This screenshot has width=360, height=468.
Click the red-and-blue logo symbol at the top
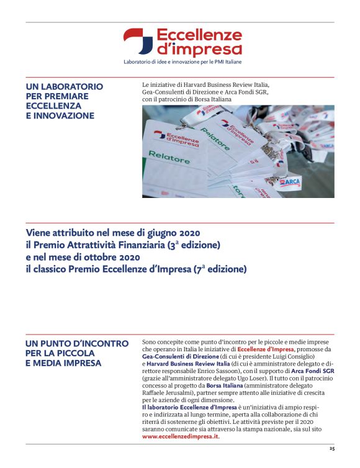pyautogui.click(x=137, y=41)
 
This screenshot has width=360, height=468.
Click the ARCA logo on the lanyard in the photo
pyautogui.click(x=291, y=181)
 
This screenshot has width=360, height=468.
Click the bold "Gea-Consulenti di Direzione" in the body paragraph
pyautogui.click(x=176, y=357)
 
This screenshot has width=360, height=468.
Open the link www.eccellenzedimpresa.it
pyautogui.click(x=181, y=436)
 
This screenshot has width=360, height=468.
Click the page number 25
pyautogui.click(x=331, y=448)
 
